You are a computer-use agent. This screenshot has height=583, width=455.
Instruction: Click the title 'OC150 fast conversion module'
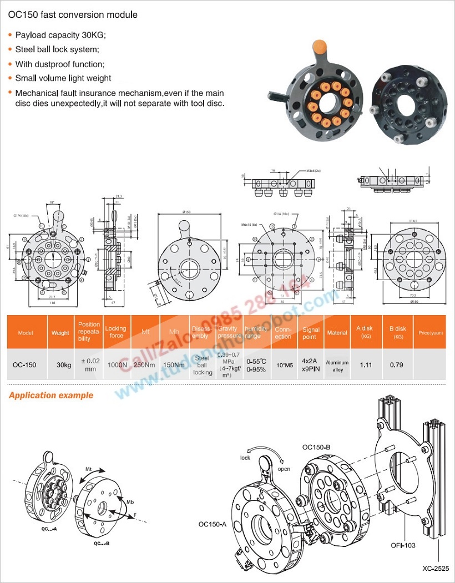click(x=73, y=15)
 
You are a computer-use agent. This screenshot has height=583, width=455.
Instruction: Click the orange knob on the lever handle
click(x=319, y=46)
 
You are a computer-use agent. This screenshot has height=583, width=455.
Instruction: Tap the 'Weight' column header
click(x=60, y=333)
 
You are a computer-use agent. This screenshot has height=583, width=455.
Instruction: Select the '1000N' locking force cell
click(x=115, y=364)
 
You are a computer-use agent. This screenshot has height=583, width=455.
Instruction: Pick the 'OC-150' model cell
click(x=24, y=365)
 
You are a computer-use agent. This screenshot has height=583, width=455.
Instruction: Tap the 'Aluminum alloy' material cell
click(x=337, y=366)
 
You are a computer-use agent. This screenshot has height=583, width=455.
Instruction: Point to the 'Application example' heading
click(x=51, y=396)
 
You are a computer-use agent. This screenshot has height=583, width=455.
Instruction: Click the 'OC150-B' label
click(x=316, y=447)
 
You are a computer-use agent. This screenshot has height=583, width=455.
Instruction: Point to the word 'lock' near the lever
click(x=245, y=458)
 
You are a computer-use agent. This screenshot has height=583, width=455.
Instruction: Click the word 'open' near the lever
click(x=284, y=469)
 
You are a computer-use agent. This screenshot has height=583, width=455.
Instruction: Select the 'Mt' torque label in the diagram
click(x=88, y=469)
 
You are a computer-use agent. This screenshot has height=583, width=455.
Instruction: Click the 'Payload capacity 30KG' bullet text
click(x=60, y=35)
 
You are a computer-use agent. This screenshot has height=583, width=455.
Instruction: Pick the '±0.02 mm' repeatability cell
click(x=89, y=364)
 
